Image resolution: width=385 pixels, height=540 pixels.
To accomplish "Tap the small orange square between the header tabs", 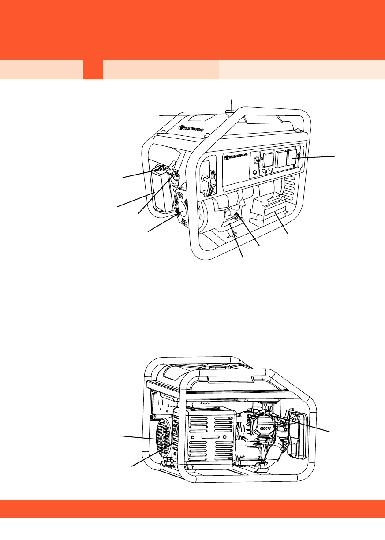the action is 93,70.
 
